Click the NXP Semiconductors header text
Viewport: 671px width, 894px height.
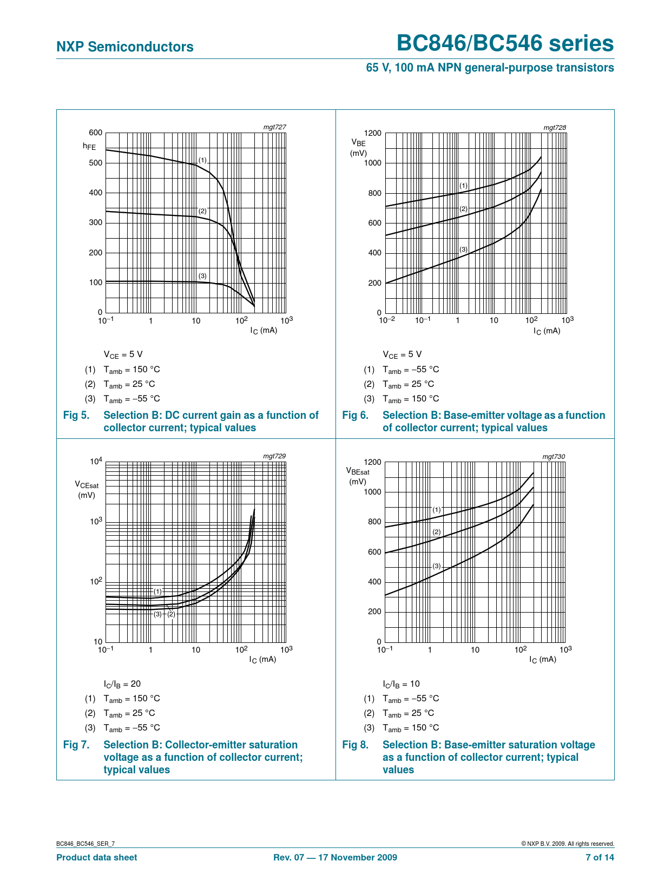[124, 47]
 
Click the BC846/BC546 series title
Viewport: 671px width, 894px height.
[505, 44]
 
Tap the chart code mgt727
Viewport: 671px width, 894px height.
[274, 127]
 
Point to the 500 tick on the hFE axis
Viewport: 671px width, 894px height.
[95, 163]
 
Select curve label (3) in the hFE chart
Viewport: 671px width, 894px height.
[202, 276]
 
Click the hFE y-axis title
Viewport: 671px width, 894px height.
[89, 146]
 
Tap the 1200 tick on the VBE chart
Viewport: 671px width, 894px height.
[372, 133]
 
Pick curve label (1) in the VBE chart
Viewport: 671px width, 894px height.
[463, 186]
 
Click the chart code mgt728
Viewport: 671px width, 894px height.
[555, 128]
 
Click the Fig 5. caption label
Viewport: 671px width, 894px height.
[76, 416]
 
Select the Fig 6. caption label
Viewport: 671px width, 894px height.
[355, 416]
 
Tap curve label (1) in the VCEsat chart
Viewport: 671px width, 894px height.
[157, 591]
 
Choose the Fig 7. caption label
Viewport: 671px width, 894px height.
[76, 745]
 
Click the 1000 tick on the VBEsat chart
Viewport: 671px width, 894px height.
[372, 492]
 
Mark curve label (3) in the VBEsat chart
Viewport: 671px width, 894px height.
[437, 566]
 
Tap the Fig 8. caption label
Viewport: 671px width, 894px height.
[355, 745]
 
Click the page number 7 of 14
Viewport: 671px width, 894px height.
[600, 857]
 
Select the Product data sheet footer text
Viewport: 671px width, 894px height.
[96, 857]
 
